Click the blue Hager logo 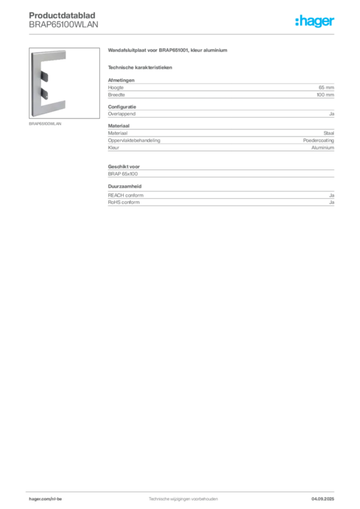[x=316, y=21]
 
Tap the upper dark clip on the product [x=44, y=76]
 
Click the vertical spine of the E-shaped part [x=35, y=82]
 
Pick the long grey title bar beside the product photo [x=169, y=51]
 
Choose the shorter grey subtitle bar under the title [x=141, y=67]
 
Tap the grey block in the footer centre [x=183, y=497]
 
